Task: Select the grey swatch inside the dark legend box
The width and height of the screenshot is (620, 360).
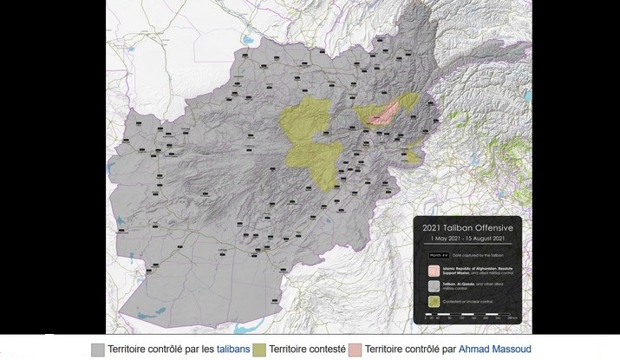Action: point(432,286)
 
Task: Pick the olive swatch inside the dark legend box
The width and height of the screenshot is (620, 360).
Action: point(432,303)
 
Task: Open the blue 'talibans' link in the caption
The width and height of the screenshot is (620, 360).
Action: point(233,348)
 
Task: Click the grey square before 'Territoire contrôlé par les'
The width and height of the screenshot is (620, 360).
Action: point(97,348)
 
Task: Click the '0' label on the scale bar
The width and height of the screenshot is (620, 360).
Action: point(427,320)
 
